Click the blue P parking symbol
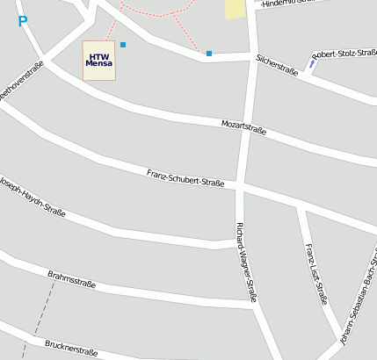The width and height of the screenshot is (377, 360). coord(22,20)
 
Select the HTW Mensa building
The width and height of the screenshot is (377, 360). coord(99,61)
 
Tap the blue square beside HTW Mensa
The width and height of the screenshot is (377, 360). coord(123,45)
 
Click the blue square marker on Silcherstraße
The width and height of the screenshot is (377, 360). coord(209,54)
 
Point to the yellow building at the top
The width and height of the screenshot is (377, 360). coord(235,9)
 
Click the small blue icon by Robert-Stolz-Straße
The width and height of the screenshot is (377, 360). coord(312,61)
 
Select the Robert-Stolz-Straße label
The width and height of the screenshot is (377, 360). coord(344,54)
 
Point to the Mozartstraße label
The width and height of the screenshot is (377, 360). coord(243,127)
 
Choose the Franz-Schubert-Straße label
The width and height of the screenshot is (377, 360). coord(186,177)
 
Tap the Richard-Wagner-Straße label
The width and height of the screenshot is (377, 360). coord(246,262)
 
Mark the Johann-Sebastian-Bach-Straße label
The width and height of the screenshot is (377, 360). coord(358,299)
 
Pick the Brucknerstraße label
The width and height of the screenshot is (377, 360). coord(71,348)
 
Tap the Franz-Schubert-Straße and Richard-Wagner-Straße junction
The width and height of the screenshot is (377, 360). coord(238,186)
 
